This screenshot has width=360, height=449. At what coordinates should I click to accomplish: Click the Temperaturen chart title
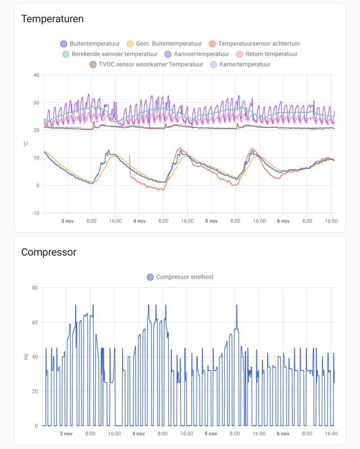click(52, 19)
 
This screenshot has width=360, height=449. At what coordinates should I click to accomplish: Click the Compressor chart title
click(49, 252)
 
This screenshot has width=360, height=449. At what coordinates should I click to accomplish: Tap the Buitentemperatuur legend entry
click(90, 44)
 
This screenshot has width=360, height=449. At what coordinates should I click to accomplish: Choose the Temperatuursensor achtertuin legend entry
click(256, 44)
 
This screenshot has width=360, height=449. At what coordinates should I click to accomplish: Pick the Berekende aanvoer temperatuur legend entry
click(110, 54)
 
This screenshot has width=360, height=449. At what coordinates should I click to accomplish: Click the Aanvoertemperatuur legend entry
click(197, 54)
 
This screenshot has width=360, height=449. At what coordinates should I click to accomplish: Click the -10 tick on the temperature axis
click(35, 213)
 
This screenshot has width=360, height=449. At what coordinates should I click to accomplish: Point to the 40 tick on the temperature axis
click(36, 75)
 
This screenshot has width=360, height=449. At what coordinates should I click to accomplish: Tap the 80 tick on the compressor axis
click(35, 288)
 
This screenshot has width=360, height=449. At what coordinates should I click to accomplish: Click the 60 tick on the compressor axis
click(35, 322)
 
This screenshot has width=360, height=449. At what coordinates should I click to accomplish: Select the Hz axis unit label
click(26, 356)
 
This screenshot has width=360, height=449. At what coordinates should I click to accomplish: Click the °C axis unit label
click(26, 144)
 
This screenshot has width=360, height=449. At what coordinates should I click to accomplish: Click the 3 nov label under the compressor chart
click(67, 434)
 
